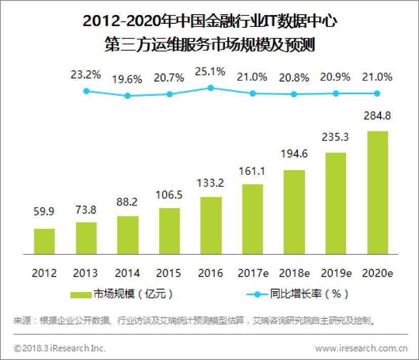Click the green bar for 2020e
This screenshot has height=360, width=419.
377,192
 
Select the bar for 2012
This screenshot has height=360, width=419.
44,241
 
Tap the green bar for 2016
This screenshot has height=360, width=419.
211,225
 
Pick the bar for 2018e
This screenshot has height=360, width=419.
294,212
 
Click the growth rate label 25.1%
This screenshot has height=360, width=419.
211,72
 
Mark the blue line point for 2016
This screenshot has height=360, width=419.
211,88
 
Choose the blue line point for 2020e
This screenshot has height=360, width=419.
377,93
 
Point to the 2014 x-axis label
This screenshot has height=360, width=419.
128,273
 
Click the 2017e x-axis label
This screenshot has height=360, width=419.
252,273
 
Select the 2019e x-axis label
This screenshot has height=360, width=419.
335,273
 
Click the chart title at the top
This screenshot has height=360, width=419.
210,33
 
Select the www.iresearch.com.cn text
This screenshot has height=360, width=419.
361,348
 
